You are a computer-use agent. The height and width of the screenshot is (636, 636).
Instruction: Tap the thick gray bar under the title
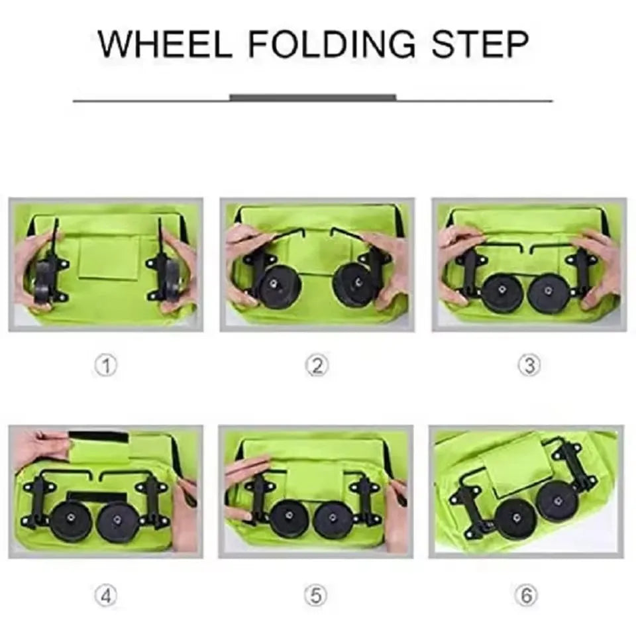(x=313, y=97)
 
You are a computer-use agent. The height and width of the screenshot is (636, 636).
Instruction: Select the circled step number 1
(x=105, y=365)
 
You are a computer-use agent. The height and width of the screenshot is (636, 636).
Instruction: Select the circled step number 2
(x=317, y=365)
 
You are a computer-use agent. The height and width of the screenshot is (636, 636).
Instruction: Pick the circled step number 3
(x=528, y=365)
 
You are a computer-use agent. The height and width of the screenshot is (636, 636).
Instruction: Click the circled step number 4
(x=105, y=595)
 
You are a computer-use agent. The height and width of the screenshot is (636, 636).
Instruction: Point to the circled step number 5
(x=316, y=595)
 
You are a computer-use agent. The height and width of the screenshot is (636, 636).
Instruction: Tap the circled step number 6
(x=527, y=595)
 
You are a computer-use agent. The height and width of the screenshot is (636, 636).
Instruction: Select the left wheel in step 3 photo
(x=502, y=292)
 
